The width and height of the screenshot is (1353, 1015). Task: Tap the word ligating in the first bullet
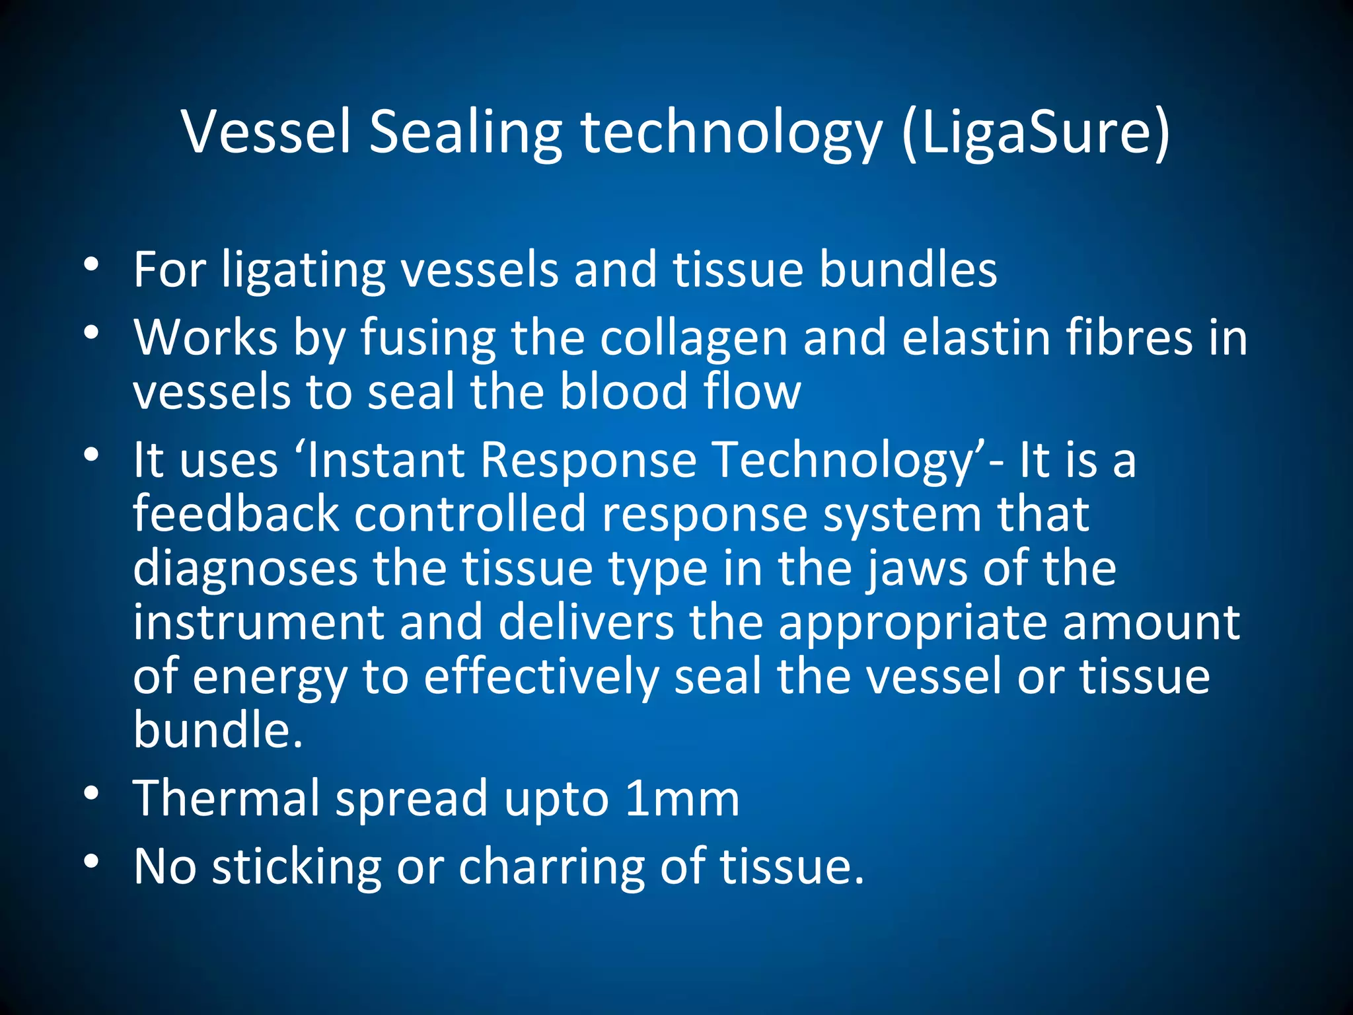point(303,271)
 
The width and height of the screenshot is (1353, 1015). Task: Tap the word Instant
point(386,460)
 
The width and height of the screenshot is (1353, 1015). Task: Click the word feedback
point(236,514)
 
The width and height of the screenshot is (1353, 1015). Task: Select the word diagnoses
point(245,568)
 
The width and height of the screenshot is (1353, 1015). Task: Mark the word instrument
point(258,622)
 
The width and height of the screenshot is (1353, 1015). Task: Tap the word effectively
point(541,677)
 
